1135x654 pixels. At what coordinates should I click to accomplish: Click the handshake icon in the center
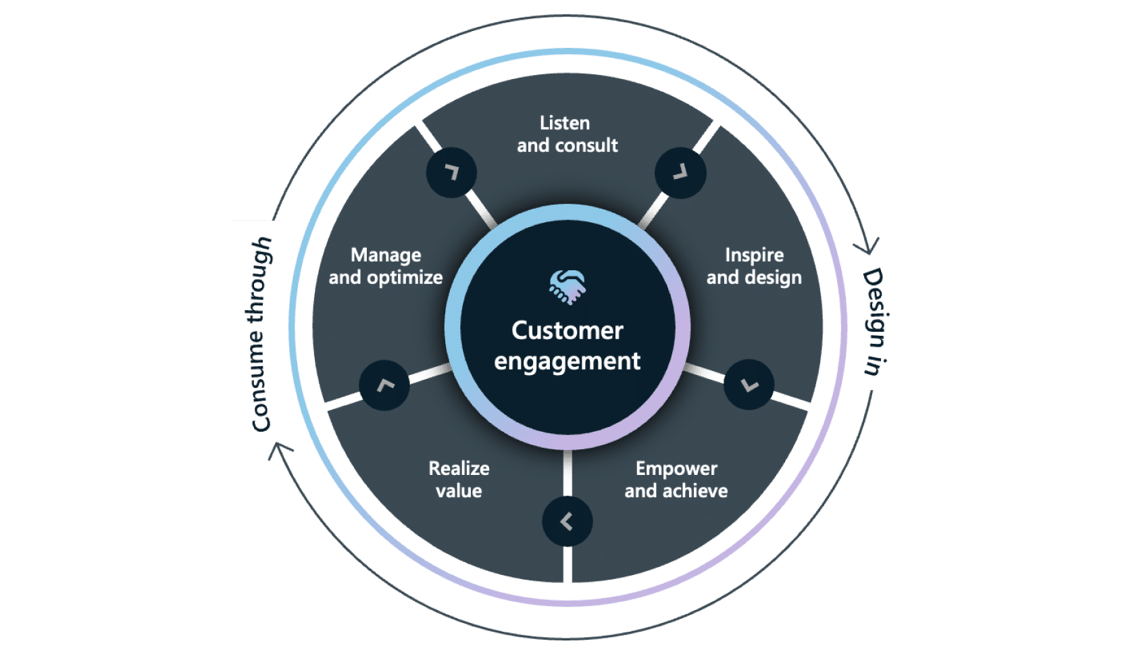[567, 287]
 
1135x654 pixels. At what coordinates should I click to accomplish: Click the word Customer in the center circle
[567, 330]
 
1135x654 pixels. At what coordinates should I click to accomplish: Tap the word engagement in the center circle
[567, 361]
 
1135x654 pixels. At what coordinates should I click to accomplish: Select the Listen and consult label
[567, 134]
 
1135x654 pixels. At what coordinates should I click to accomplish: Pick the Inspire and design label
[754, 266]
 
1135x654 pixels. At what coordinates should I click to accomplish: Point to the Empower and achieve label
[676, 480]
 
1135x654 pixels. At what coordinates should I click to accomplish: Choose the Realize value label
[459, 480]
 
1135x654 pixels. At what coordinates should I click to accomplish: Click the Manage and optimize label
[386, 266]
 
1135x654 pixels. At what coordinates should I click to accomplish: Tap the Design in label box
[882, 321]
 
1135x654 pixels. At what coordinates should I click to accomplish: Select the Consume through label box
[255, 332]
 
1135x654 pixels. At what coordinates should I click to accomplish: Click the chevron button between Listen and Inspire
[680, 173]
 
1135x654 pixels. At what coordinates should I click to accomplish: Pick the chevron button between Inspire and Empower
[749, 385]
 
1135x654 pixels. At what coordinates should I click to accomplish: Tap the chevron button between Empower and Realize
[567, 522]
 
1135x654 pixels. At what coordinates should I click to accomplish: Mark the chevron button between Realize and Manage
[384, 385]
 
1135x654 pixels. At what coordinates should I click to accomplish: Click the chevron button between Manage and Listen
[451, 173]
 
